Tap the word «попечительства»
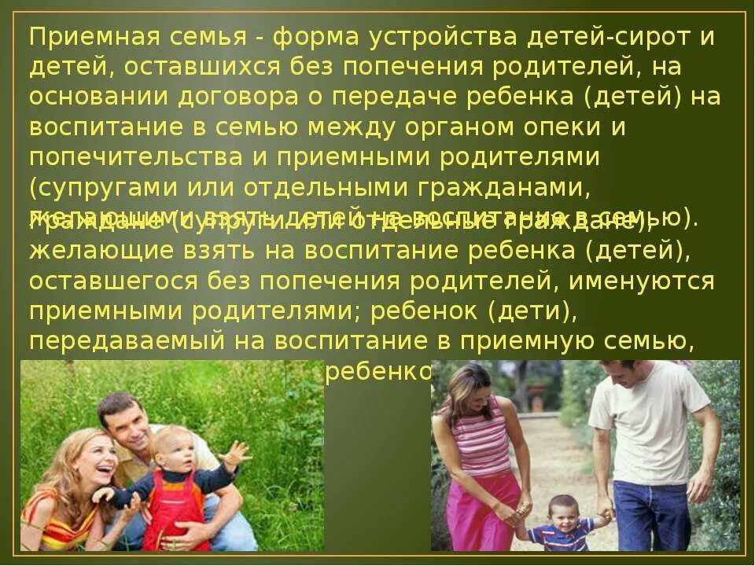(145, 157)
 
